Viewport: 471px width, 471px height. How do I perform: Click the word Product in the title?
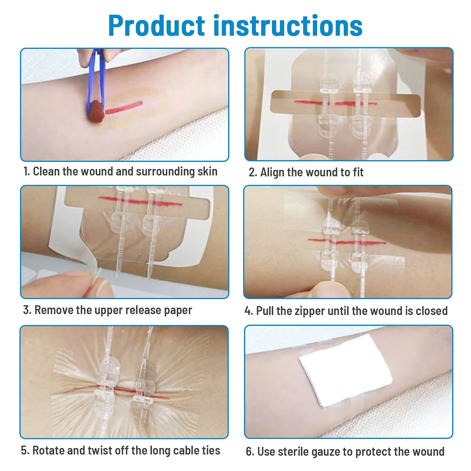coord(157,26)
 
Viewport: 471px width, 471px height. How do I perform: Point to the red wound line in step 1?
coord(124,107)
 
